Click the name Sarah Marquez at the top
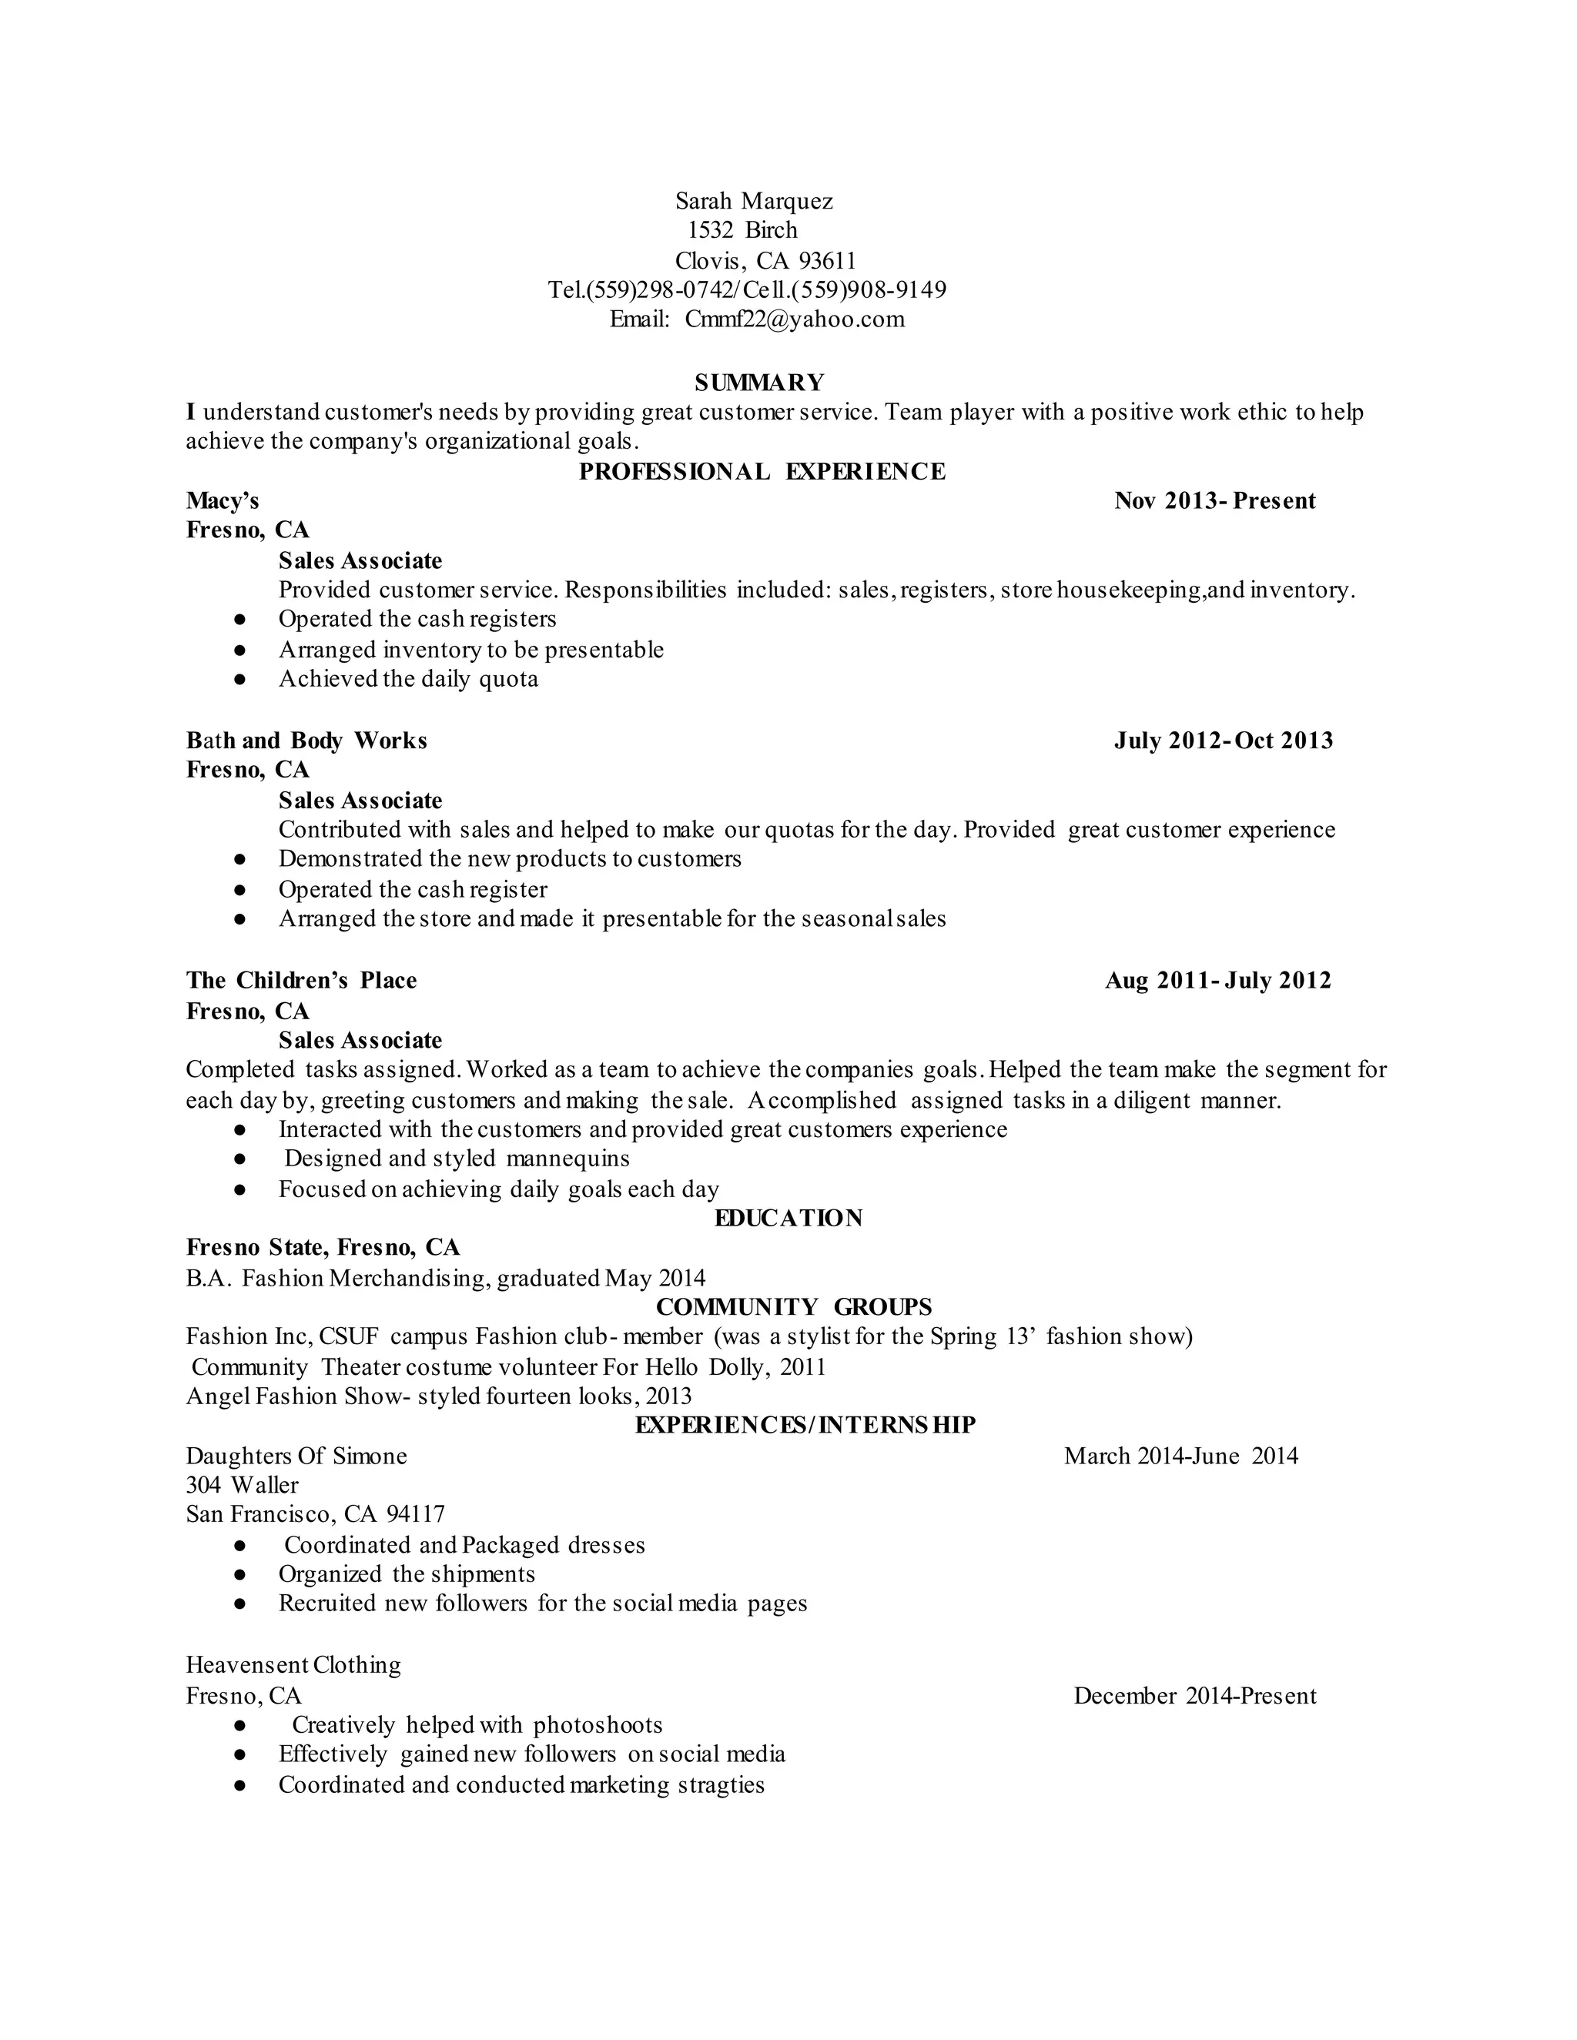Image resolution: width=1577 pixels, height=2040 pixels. [x=754, y=201]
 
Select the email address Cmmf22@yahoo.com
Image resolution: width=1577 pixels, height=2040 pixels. [x=794, y=319]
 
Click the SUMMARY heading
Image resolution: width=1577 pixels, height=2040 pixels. [x=759, y=382]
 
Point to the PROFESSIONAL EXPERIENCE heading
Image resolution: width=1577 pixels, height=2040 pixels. [x=762, y=472]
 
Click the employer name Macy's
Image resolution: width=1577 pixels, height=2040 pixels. [x=223, y=502]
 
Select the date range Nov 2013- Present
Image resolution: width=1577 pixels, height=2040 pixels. [x=1214, y=502]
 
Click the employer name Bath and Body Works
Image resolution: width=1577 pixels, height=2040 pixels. [x=306, y=741]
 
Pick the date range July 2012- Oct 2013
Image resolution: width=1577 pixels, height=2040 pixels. [x=1223, y=741]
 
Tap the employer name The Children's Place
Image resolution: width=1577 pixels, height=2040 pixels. [x=301, y=981]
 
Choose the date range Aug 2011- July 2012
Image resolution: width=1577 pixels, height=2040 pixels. [x=1217, y=981]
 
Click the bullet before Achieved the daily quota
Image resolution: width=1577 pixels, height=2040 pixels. [x=240, y=680]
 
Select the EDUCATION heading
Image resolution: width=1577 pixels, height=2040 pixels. [x=788, y=1218]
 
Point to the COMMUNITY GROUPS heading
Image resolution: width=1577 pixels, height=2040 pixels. [x=794, y=1307]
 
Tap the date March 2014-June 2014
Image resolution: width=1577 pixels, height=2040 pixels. [x=1181, y=1456]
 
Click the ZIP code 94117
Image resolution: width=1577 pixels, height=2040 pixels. [x=416, y=1514]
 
